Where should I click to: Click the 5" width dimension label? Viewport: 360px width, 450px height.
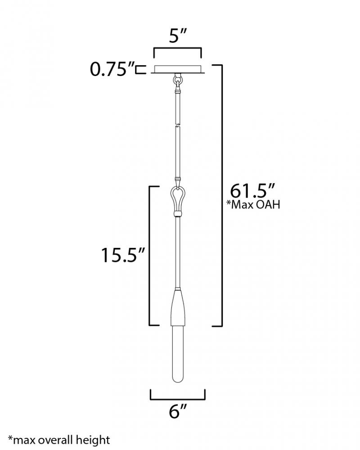point(178,36)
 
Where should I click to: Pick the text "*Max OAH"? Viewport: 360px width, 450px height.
point(253,205)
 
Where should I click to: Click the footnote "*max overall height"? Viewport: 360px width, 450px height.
point(59,440)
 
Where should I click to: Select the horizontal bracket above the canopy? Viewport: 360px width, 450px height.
point(177,50)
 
